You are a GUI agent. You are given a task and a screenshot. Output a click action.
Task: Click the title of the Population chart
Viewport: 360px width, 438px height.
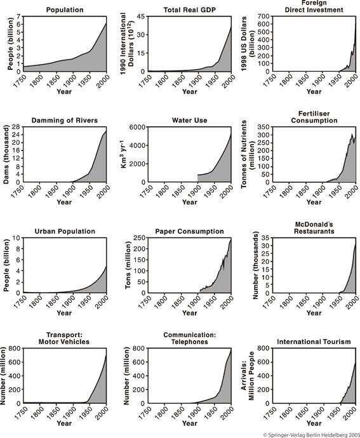tap(65, 10)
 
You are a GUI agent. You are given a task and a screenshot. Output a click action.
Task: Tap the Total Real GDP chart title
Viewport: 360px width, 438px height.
tap(189, 10)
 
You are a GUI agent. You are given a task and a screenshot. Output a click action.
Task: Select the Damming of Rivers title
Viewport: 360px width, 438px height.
tap(65, 121)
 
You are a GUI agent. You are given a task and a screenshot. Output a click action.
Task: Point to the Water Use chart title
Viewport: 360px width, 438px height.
tap(189, 121)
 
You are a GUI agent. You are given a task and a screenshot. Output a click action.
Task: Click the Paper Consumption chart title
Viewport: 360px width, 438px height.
tap(189, 231)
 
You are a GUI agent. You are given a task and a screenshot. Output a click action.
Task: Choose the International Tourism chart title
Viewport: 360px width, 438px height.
tap(314, 342)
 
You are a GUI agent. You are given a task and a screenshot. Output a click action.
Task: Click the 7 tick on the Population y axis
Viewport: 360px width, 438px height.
tap(18, 17)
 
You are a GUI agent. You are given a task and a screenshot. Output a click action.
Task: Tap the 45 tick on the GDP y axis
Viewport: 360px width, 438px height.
tap(141, 17)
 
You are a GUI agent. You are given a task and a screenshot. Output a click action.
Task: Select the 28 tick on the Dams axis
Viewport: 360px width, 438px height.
tap(16, 127)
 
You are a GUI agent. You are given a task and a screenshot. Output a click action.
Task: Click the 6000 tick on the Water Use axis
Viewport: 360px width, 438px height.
tap(137, 127)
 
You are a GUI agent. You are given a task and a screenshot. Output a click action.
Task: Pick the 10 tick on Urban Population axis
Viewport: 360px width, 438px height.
tap(17, 237)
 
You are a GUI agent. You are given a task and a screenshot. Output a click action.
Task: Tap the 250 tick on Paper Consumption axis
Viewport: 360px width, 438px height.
tap(139, 237)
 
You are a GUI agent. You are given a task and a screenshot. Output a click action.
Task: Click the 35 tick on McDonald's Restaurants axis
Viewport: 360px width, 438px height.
tap(265, 237)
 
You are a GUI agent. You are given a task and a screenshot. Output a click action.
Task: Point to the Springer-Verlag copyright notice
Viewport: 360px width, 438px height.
tap(311, 435)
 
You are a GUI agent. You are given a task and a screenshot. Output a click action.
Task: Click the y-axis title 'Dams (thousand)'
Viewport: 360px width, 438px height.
tap(6, 154)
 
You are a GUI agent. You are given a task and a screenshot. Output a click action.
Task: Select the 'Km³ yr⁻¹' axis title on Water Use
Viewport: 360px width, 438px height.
tap(124, 154)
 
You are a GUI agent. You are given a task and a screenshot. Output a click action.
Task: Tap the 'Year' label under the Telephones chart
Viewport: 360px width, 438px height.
tap(189, 423)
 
